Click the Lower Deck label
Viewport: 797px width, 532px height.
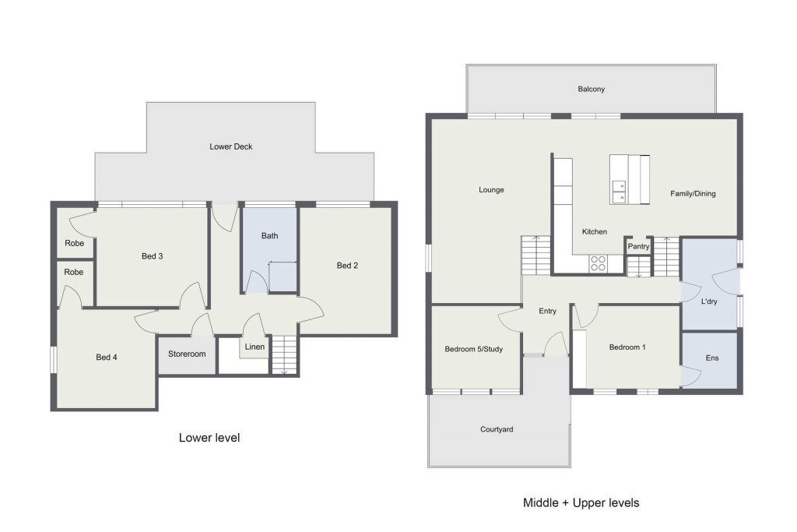tap(230, 146)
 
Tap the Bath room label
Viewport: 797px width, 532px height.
tap(269, 235)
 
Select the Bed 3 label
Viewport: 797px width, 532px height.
tap(152, 255)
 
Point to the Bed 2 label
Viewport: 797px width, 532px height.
tap(347, 265)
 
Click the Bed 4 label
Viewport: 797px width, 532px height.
tap(106, 357)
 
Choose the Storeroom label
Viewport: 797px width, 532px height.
tap(187, 354)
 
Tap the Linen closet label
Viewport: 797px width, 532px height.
tap(255, 347)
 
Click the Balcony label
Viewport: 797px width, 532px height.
tap(592, 89)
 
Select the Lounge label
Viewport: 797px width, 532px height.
tap(491, 190)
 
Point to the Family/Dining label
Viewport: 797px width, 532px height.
tap(693, 193)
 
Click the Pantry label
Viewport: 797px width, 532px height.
tap(638, 246)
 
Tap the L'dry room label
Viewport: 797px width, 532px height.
tap(709, 301)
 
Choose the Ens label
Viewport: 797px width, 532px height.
tap(712, 358)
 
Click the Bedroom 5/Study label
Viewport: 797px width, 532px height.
tap(474, 349)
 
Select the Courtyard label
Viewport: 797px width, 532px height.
tap(497, 429)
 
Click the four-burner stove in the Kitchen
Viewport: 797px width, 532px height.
tap(599, 263)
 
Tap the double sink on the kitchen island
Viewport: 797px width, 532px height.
tap(619, 192)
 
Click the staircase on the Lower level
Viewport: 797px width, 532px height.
tap(284, 355)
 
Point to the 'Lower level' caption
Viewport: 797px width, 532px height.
tap(209, 438)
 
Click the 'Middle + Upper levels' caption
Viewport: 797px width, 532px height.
tap(581, 503)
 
